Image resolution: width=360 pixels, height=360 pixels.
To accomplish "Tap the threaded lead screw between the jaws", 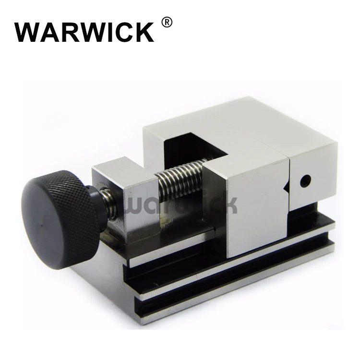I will click(x=178, y=178).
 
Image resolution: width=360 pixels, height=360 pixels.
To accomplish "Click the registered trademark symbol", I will click(x=167, y=22).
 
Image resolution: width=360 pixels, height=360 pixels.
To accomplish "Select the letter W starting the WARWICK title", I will click(x=28, y=32).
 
